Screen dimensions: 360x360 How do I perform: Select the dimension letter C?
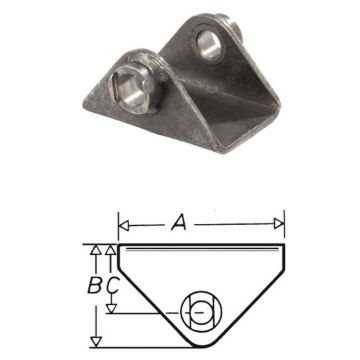[x=112, y=285]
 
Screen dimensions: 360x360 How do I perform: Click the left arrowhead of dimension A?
[x=123, y=221]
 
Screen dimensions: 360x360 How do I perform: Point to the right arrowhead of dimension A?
[x=281, y=221]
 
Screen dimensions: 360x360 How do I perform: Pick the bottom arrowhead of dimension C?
[x=112, y=309]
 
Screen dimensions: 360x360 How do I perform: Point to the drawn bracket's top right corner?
[x=286, y=244]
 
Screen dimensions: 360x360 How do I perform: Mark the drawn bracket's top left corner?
[x=118, y=244]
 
